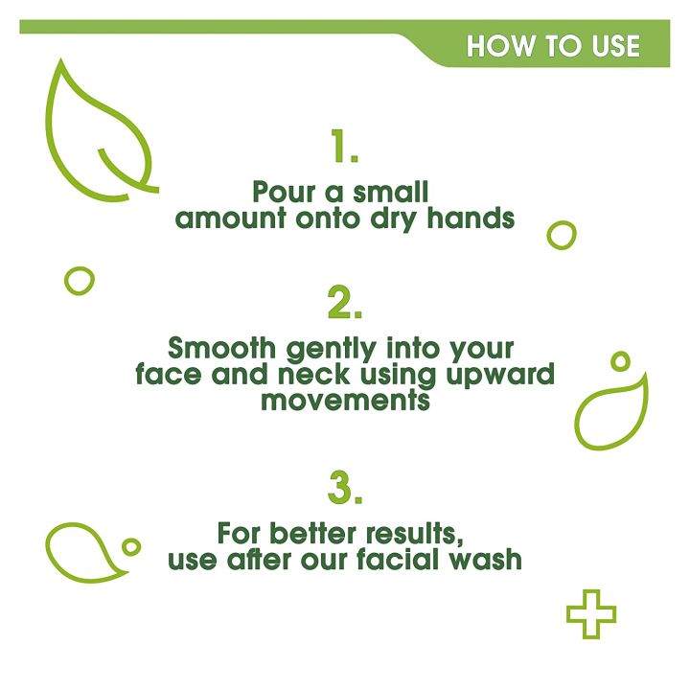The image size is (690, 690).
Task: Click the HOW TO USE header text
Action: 553,46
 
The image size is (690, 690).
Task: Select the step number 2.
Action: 344,304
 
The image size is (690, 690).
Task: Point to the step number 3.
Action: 344,489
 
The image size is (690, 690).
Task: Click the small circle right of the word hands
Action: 562,234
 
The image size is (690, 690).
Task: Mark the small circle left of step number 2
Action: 80,280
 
